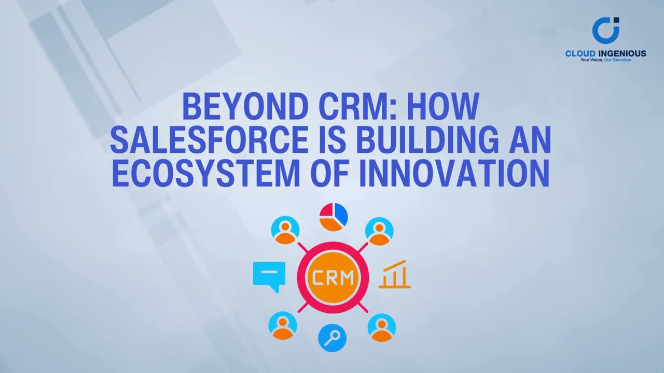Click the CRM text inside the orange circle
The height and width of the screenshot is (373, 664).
(x=333, y=278)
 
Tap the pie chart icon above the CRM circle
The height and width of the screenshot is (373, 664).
(x=333, y=217)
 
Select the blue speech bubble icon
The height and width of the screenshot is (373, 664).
(x=269, y=276)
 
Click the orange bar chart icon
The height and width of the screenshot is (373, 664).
(x=395, y=275)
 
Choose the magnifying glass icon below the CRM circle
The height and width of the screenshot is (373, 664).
(x=332, y=338)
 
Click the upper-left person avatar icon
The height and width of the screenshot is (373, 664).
(x=286, y=231)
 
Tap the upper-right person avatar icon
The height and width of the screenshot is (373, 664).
(x=379, y=231)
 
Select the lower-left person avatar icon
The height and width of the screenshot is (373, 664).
(x=283, y=326)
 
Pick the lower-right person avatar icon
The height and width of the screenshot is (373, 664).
(x=382, y=327)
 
